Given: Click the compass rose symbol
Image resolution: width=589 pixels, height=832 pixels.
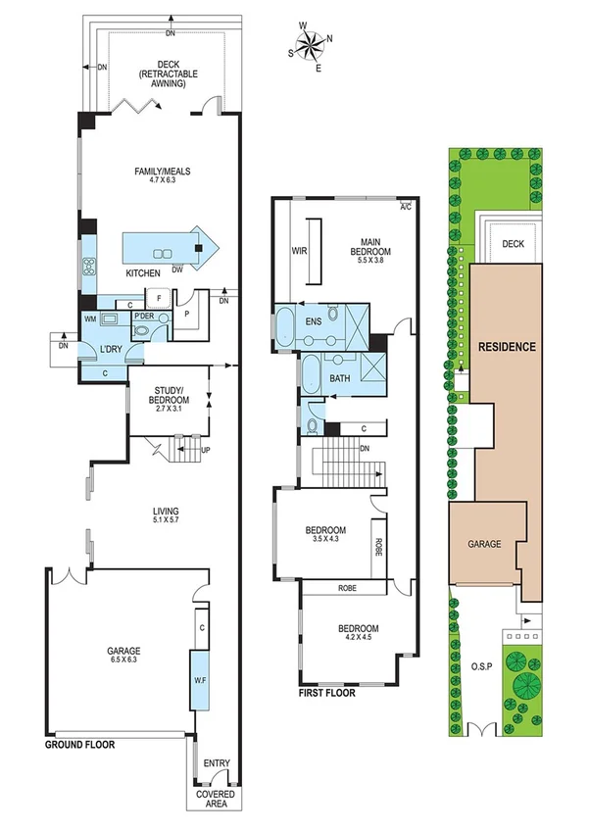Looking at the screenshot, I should pyautogui.click(x=312, y=43).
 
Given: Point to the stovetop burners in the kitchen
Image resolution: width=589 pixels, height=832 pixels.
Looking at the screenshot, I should pyautogui.click(x=88, y=265).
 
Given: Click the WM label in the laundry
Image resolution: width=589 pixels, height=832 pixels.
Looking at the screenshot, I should pyautogui.click(x=90, y=318).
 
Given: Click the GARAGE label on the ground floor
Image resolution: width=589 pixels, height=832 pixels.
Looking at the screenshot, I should pyautogui.click(x=124, y=651).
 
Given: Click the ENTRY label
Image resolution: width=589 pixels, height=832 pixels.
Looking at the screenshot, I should pyautogui.click(x=216, y=761).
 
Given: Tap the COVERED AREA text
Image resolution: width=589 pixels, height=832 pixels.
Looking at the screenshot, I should pyautogui.click(x=215, y=799).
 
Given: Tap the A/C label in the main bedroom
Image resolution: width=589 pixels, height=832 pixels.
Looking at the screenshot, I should pyautogui.click(x=405, y=207).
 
